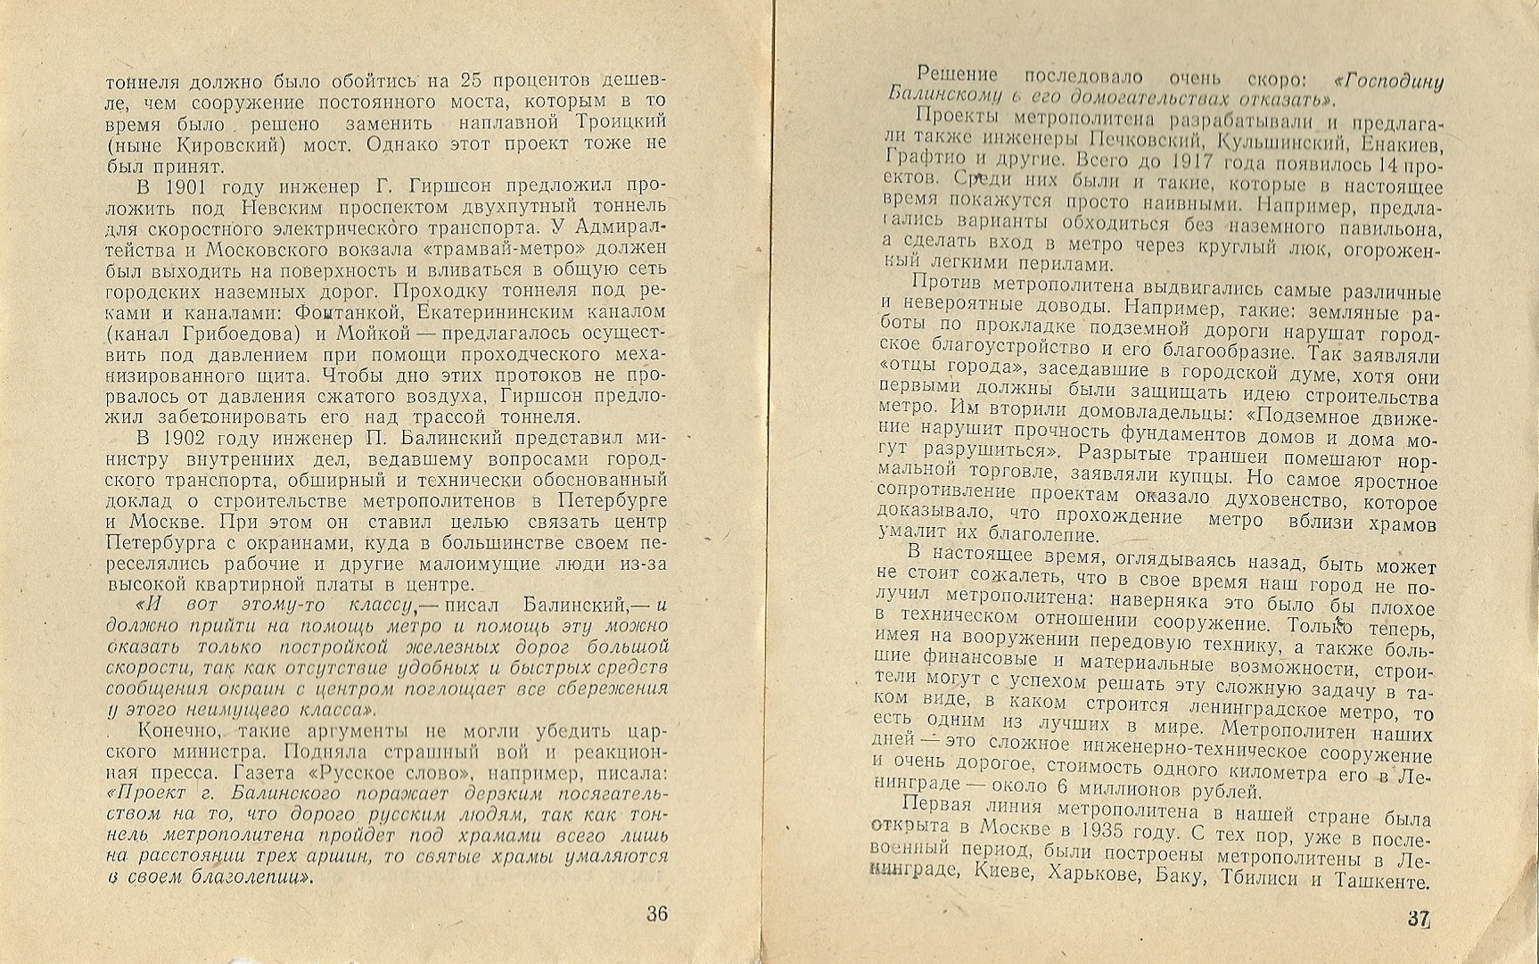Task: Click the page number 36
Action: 657,913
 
